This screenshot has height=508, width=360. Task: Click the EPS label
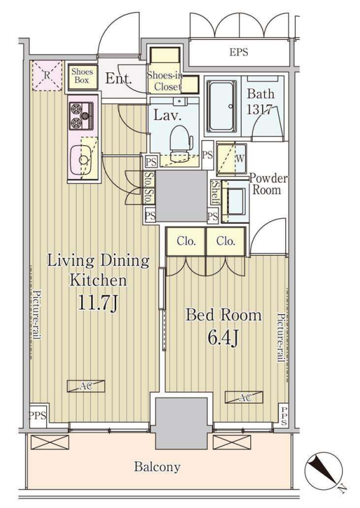pyautogui.click(x=239, y=52)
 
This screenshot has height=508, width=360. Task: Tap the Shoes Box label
pyautogui.click(x=82, y=75)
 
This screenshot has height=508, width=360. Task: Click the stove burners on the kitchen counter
pyautogui.click(x=81, y=116)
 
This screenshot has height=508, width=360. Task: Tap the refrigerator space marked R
pyautogui.click(x=47, y=76)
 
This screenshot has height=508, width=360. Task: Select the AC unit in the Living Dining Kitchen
pyautogui.click(x=86, y=386)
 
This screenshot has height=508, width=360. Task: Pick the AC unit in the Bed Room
pyautogui.click(x=244, y=397)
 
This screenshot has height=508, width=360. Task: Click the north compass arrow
pyautogui.click(x=323, y=471)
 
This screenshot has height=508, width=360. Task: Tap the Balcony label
pyautogui.click(x=157, y=467)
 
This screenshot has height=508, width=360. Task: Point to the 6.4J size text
pyautogui.click(x=223, y=338)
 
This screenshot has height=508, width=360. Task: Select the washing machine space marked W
pyautogui.click(x=231, y=159)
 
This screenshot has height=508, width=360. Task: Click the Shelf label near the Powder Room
pyautogui.click(x=215, y=193)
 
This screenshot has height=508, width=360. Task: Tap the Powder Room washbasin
pyautogui.click(x=235, y=201)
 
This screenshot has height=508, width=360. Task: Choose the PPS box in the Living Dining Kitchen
pyautogui.click(x=38, y=415)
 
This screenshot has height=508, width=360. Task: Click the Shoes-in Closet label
pyautogui.click(x=165, y=80)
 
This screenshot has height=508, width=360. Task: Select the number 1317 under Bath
pyautogui.click(x=260, y=110)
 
